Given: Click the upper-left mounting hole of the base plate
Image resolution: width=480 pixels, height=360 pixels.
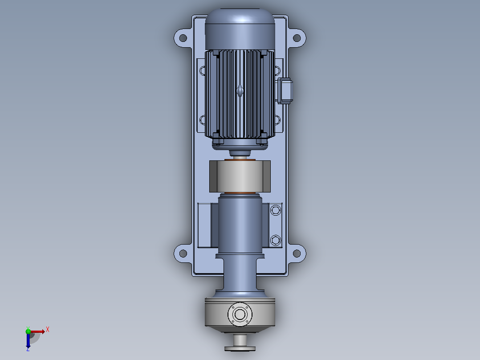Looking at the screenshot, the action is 183,38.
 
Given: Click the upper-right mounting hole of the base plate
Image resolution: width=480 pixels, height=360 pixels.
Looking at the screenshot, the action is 297,38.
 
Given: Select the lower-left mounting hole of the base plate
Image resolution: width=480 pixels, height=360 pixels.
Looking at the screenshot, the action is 183,254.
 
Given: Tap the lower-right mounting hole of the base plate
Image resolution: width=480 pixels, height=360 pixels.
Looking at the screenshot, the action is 297,254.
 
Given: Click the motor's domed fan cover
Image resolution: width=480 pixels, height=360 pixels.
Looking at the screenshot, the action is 240,29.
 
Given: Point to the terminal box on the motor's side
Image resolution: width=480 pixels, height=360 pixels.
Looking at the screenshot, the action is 285,91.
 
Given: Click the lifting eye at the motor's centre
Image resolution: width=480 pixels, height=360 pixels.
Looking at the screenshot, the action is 240,91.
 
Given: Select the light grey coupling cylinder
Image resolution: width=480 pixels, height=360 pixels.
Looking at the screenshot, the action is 240,176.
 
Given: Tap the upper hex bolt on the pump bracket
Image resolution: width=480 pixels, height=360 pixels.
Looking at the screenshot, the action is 276,210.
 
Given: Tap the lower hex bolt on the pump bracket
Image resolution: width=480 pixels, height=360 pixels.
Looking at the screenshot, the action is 276,240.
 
